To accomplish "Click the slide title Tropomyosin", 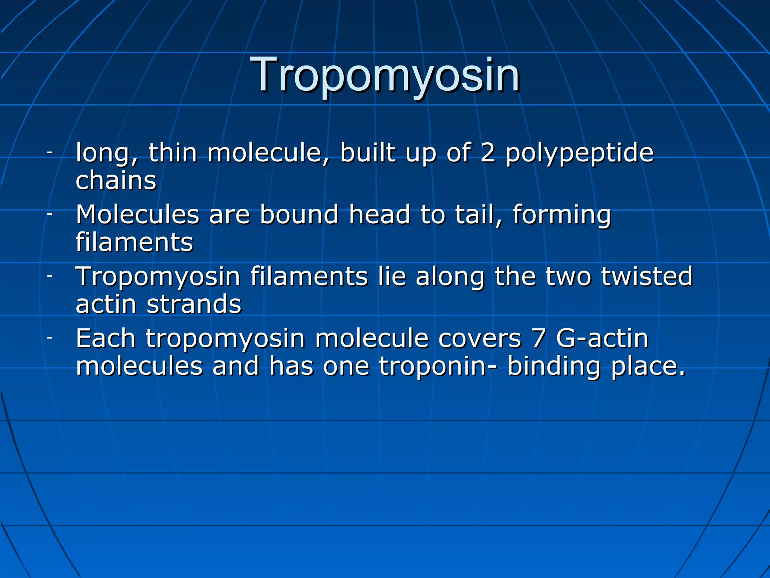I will click(387, 75).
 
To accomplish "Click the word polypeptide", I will click(579, 154).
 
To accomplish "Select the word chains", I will click(116, 180).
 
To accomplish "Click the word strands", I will click(194, 304).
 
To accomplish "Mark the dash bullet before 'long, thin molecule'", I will click(50, 152).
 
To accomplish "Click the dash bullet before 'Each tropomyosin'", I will click(50, 338).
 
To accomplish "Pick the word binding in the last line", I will click(553, 367).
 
